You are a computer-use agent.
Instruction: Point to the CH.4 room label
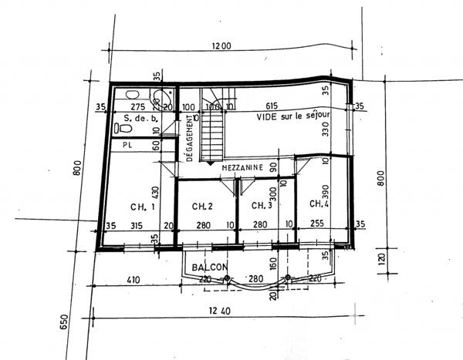tap(319, 204)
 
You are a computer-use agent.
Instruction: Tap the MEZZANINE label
tap(243, 167)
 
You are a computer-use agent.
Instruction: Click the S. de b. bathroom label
tap(140, 119)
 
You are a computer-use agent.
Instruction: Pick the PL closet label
tap(126, 143)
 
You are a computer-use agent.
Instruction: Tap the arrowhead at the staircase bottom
tap(211, 160)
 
